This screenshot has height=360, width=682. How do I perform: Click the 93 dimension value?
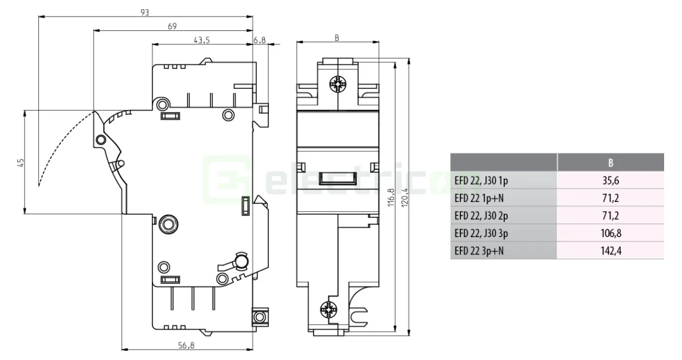[x=144, y=12]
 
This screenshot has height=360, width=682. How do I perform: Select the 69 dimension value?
[x=172, y=26]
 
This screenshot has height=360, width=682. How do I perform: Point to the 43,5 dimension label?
[x=201, y=40]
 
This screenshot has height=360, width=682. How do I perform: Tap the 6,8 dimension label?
[x=260, y=40]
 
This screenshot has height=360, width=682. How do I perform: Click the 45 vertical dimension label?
[x=20, y=162]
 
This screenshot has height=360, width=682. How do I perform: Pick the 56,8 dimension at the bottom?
[x=186, y=346]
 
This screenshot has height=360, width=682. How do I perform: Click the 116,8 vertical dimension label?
[x=389, y=198]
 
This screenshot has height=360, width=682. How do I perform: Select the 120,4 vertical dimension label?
[x=405, y=198]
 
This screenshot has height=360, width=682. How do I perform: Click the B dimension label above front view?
[x=337, y=38]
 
